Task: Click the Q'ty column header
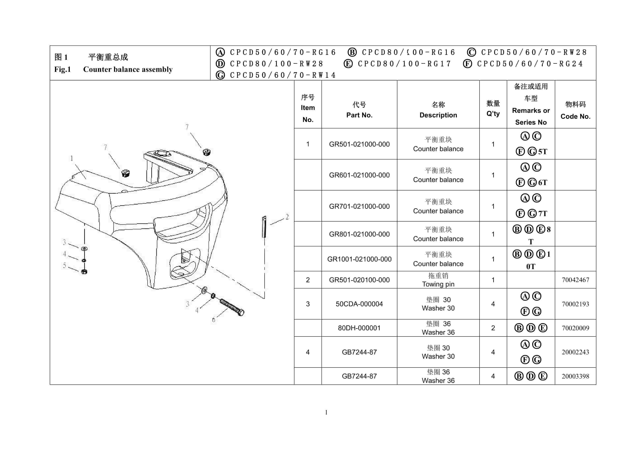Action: click(493, 108)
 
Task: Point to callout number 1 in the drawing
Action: click(72, 158)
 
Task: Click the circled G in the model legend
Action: click(220, 75)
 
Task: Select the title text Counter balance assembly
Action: click(128, 69)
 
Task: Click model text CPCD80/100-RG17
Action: click(404, 64)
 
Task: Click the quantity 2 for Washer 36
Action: click(493, 328)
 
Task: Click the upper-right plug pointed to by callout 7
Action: click(206, 152)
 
